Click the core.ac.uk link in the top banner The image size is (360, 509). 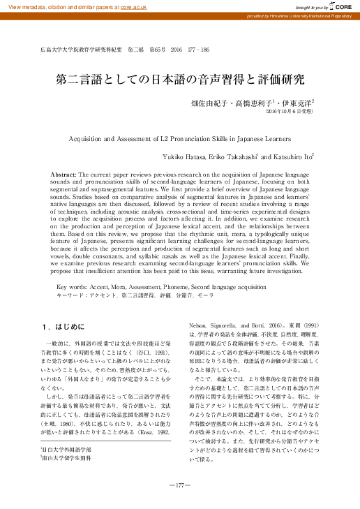click(133, 6)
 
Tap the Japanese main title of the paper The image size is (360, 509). click(179, 80)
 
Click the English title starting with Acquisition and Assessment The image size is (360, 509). click(179, 139)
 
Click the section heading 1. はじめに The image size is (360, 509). click(63, 326)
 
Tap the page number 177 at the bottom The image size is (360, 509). click(180, 485)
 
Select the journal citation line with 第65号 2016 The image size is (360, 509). click(126, 51)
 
